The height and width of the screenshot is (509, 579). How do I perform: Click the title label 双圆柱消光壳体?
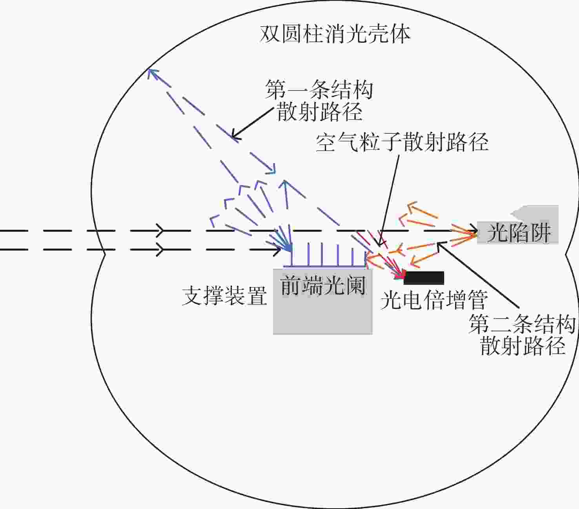pos(335,34)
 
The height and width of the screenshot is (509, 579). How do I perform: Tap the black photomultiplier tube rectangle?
pos(424,278)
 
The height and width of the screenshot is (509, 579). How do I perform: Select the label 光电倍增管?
pos(434,300)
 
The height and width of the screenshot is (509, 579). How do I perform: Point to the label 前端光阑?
pos(323,285)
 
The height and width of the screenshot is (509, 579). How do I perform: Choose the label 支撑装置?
pos(225,296)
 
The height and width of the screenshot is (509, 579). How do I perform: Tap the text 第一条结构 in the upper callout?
pos(319,89)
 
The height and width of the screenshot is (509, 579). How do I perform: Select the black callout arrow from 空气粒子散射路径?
pos(389,200)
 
